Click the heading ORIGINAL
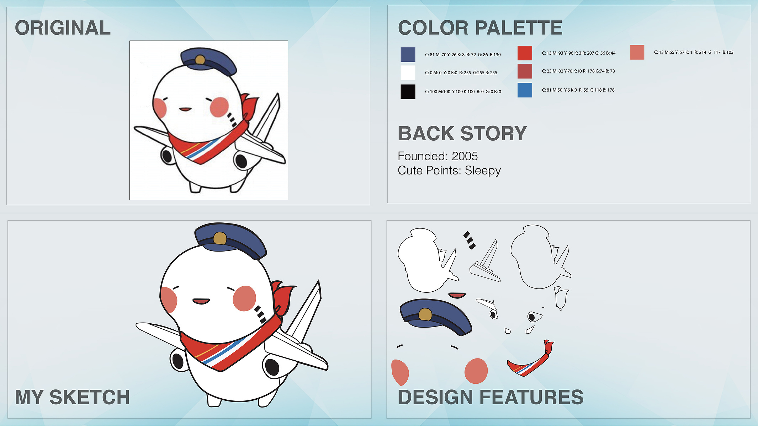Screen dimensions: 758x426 point(63,28)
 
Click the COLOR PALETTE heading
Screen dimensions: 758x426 point(480,28)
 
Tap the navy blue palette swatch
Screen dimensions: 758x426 point(408,55)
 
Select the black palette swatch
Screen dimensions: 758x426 point(408,92)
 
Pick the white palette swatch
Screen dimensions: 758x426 point(408,73)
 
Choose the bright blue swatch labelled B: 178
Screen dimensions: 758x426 point(525,90)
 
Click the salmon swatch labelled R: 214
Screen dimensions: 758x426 point(637,52)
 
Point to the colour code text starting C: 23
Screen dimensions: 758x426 point(578,71)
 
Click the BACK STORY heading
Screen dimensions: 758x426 point(462,134)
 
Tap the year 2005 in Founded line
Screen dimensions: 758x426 point(465,156)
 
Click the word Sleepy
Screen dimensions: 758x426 point(483,171)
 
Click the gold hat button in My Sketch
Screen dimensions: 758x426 point(220,238)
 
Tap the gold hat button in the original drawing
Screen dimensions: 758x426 point(200,59)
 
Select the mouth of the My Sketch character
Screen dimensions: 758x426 point(201,301)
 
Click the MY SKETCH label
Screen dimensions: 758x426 point(72,397)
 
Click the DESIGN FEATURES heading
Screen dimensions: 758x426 point(491,397)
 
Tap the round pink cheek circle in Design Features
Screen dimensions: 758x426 point(476,371)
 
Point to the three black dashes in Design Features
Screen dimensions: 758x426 point(470,240)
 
